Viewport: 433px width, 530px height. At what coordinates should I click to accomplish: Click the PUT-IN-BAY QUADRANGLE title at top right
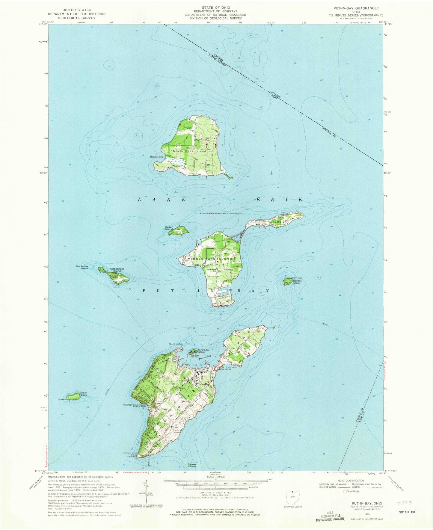tap(353, 8)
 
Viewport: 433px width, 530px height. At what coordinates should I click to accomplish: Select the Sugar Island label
tap(169, 228)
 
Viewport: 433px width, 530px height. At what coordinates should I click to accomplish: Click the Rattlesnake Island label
tap(117, 270)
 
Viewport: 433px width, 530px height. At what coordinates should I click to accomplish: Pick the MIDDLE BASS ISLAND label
tap(210, 259)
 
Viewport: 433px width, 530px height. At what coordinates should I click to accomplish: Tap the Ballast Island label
tap(297, 282)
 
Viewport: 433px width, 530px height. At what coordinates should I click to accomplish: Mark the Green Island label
tap(84, 394)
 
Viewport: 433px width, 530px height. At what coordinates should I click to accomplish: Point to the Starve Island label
tap(192, 465)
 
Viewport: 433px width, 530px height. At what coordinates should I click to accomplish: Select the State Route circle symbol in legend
tap(345, 491)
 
